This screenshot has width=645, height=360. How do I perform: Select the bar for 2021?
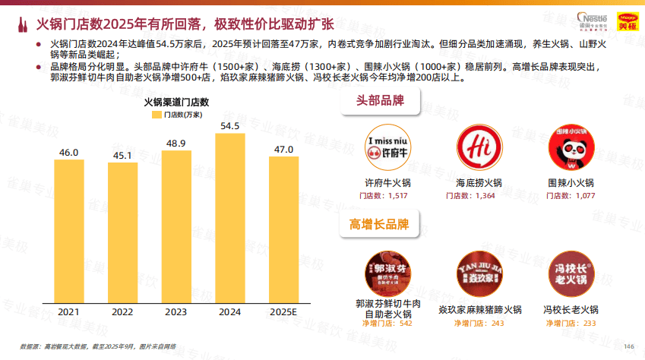click(x=69, y=231)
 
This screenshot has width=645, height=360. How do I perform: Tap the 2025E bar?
click(x=283, y=229)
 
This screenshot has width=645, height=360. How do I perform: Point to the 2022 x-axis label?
click(x=122, y=312)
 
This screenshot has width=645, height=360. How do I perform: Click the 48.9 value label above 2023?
click(x=176, y=143)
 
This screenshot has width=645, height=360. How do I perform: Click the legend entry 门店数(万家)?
click(x=176, y=115)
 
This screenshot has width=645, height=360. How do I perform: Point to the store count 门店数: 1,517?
click(x=384, y=197)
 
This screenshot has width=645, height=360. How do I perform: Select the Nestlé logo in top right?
click(x=591, y=18)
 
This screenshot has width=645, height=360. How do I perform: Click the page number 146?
click(x=628, y=346)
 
